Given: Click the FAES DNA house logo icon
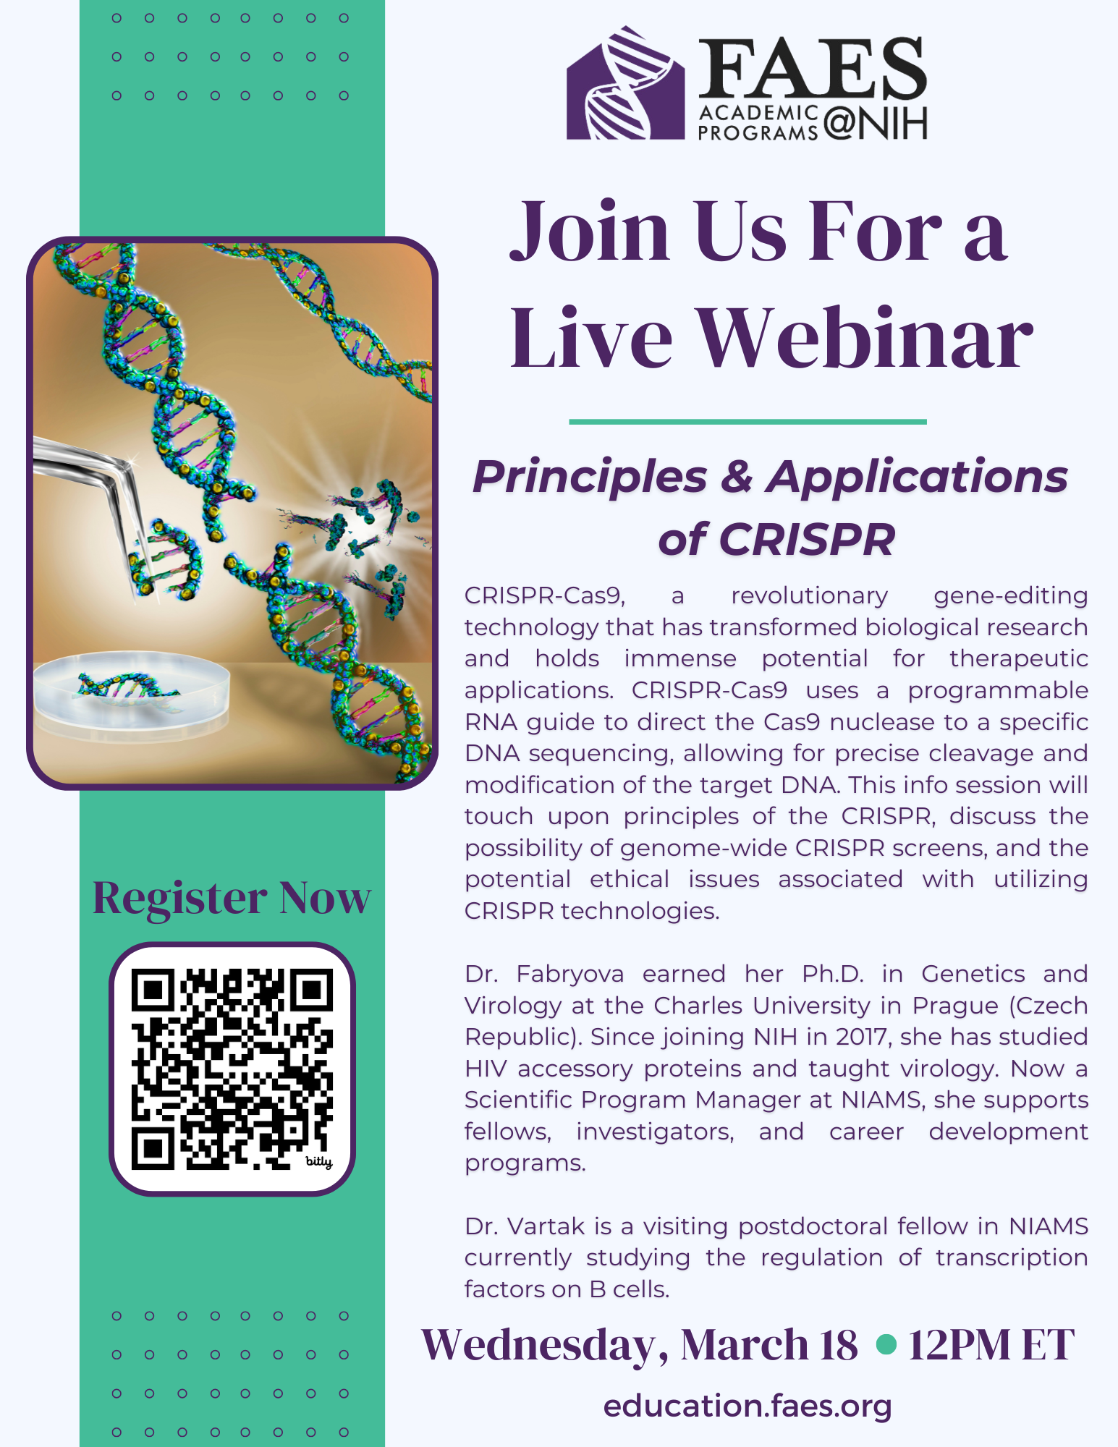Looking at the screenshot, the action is coord(625,83).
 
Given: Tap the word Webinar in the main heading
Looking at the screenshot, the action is coord(864,337).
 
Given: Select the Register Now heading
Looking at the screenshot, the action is coord(232,898).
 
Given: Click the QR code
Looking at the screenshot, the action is coord(232,1069).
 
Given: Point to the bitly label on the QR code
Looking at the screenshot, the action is coord(318,1161).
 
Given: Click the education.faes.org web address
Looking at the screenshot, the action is coord(748,1406).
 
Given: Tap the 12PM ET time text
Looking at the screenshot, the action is coord(991,1345).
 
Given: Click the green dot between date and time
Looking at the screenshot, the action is coord(886,1345).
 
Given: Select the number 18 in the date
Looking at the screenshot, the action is coord(839,1345).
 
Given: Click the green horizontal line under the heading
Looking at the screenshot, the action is coord(748,421).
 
